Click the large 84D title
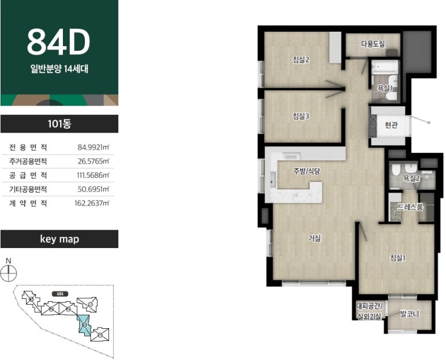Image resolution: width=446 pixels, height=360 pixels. [59, 42]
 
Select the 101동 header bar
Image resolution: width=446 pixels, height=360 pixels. [59, 123]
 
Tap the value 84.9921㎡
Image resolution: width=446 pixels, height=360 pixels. [93, 147]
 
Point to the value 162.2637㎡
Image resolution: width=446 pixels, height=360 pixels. [92, 203]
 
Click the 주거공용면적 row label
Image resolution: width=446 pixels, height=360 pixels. [28, 162]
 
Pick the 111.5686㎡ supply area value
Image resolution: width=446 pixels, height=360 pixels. [93, 175]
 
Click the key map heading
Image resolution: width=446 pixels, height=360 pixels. [59, 239]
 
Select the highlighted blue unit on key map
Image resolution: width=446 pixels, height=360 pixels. [84, 325]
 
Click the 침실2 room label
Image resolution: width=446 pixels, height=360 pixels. [301, 60]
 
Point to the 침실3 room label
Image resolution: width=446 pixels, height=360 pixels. [301, 116]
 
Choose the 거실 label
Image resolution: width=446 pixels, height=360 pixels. [315, 238]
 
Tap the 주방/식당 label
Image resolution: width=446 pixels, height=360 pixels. [307, 171]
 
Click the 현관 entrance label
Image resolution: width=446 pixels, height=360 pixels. [391, 125]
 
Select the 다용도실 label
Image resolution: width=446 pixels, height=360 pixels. [373, 44]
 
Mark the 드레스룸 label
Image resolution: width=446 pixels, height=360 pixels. [410, 207]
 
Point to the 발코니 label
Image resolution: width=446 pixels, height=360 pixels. [410, 314]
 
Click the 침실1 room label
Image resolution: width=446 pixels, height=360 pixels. [398, 258]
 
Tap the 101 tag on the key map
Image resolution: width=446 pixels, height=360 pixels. [60, 294]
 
